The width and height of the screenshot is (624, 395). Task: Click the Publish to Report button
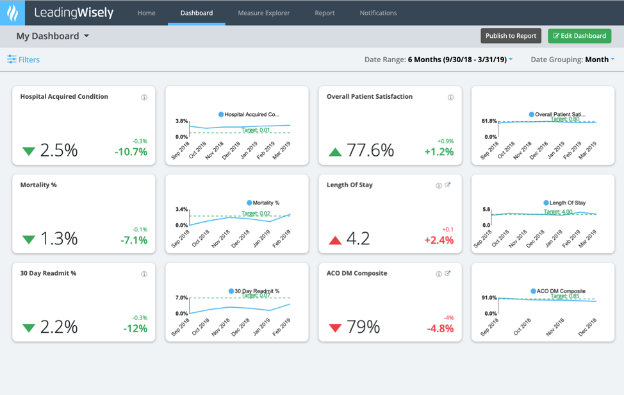click(511, 36)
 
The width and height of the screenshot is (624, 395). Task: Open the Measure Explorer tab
click(263, 13)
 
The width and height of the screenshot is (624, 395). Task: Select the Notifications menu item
click(378, 13)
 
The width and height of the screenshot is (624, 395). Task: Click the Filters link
click(24, 60)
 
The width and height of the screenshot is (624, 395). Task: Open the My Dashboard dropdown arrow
click(86, 37)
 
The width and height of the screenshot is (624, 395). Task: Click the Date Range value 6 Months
click(457, 60)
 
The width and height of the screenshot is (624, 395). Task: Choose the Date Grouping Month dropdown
click(600, 60)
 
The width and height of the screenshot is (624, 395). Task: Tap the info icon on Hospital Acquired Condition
click(144, 97)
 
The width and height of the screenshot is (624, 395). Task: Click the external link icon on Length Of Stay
click(448, 185)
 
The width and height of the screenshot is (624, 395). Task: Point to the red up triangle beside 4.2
click(335, 240)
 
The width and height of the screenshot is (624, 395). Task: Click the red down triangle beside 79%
click(335, 328)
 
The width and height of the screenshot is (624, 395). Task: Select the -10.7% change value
click(131, 152)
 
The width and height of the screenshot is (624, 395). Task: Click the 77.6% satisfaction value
click(370, 150)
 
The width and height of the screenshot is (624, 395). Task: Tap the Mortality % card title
click(38, 185)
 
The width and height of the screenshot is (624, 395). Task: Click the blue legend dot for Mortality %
click(249, 203)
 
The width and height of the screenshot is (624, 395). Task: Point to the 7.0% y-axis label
click(181, 298)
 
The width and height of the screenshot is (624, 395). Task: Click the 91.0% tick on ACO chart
click(489, 298)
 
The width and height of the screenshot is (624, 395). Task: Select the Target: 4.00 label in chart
click(558, 212)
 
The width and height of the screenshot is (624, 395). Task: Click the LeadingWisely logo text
click(74, 13)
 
